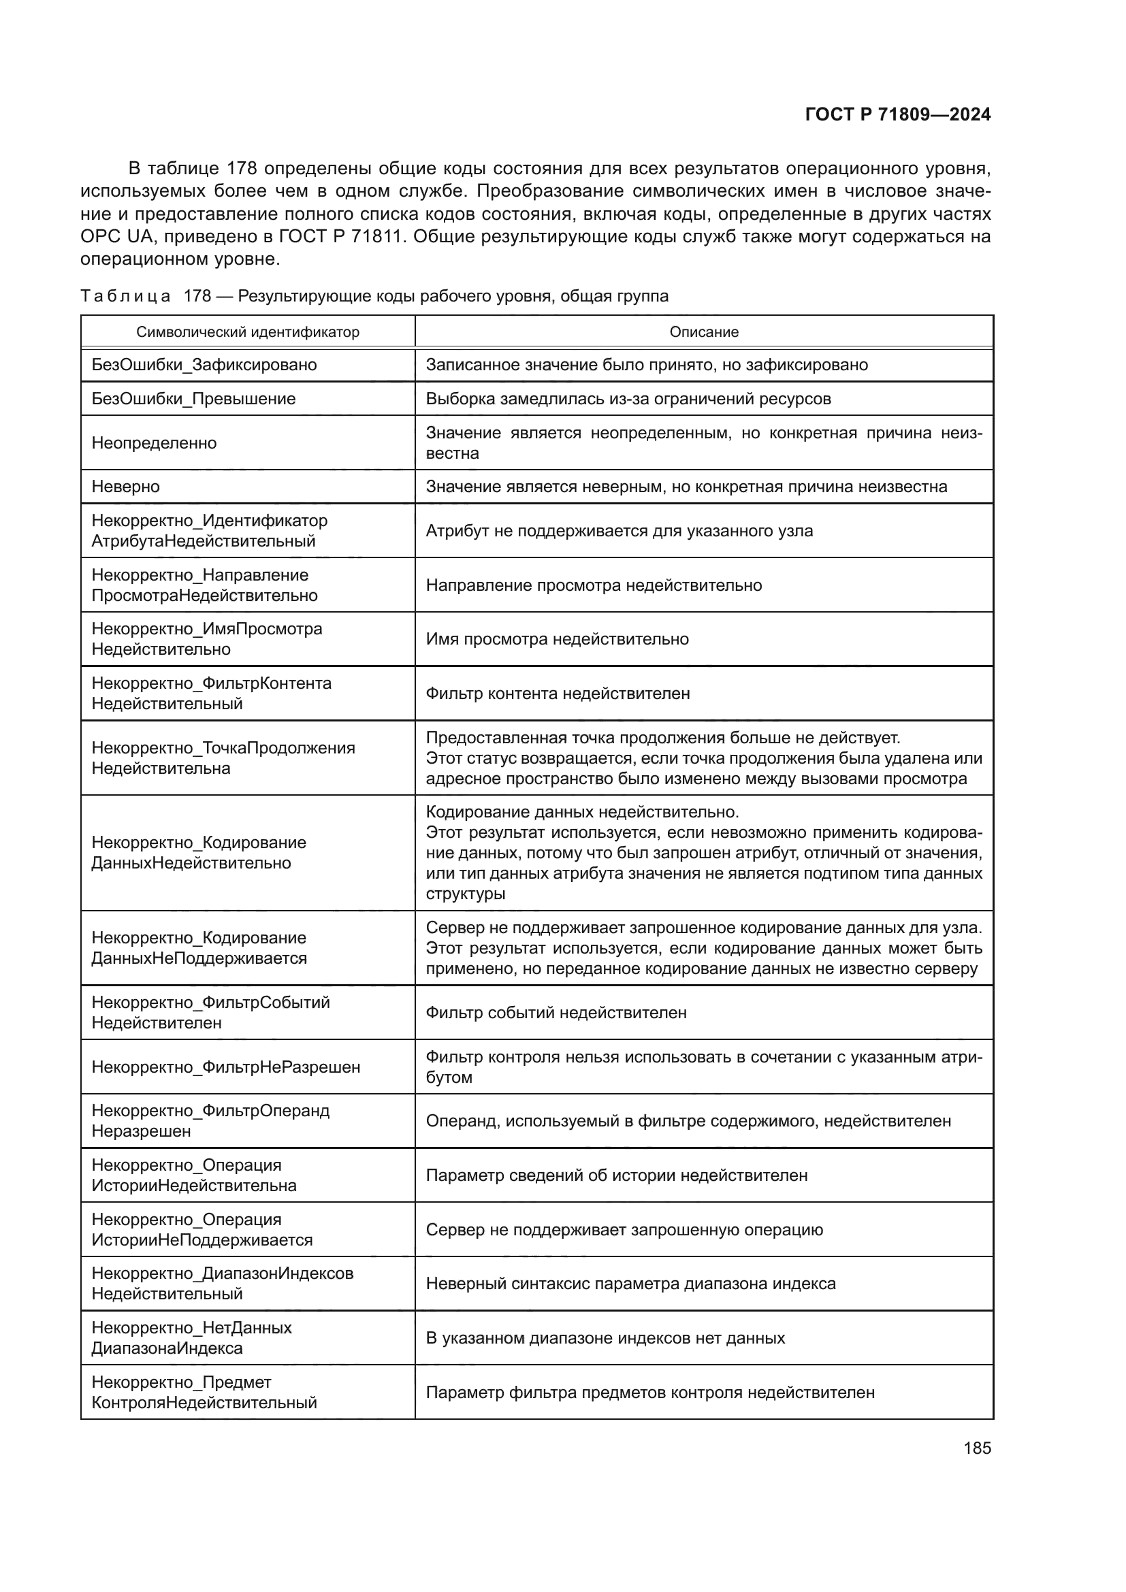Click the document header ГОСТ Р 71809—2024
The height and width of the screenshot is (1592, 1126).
[x=897, y=115]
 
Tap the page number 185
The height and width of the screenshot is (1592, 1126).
[x=977, y=1448]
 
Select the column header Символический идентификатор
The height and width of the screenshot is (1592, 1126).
[x=248, y=332]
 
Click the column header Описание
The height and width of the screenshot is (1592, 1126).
[x=704, y=332]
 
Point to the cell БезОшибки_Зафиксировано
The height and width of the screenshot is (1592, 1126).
[x=204, y=365]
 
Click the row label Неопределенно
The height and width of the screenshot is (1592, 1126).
[x=154, y=443]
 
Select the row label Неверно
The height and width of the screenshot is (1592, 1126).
[x=125, y=487]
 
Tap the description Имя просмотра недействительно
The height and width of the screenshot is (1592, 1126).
[x=557, y=638]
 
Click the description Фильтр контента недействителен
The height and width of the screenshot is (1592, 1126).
[x=558, y=694]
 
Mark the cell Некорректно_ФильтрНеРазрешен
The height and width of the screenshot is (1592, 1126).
[x=226, y=1067]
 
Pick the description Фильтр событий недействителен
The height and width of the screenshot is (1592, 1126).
[x=556, y=1012]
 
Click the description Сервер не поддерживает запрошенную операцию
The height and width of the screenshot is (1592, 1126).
[x=624, y=1230]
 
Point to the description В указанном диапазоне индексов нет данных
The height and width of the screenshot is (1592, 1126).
[x=605, y=1338]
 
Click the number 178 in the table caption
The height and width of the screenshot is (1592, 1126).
[x=197, y=296]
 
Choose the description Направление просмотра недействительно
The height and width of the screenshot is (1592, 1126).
[x=594, y=585]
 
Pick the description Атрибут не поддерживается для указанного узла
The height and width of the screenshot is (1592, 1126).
[x=618, y=531]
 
